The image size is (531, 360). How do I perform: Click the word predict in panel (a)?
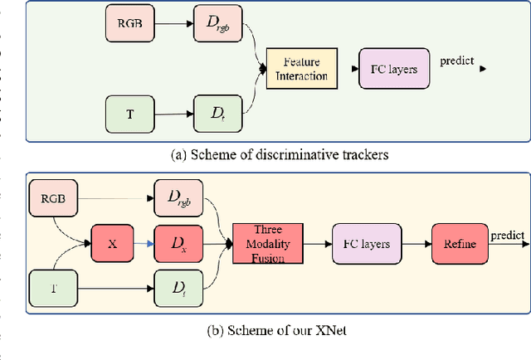click(x=456, y=61)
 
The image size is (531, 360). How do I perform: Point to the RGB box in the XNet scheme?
click(x=54, y=199)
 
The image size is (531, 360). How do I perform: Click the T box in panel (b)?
click(x=54, y=288)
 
